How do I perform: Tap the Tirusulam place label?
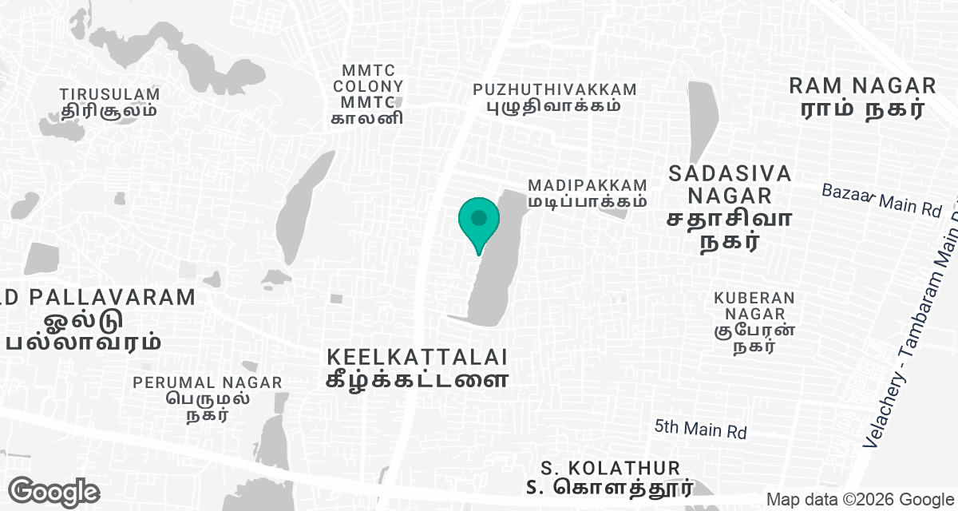(109, 102)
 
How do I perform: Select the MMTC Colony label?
(368, 94)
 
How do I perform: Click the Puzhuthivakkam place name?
(555, 97)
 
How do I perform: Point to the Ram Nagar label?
(861, 97)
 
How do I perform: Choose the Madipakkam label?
(587, 193)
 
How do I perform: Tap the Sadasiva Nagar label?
(730, 207)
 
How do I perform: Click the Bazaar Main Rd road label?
(882, 200)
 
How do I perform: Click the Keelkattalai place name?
(417, 366)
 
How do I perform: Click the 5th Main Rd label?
(700, 429)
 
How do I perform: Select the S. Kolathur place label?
(610, 477)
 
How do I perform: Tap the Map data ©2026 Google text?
(860, 499)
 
